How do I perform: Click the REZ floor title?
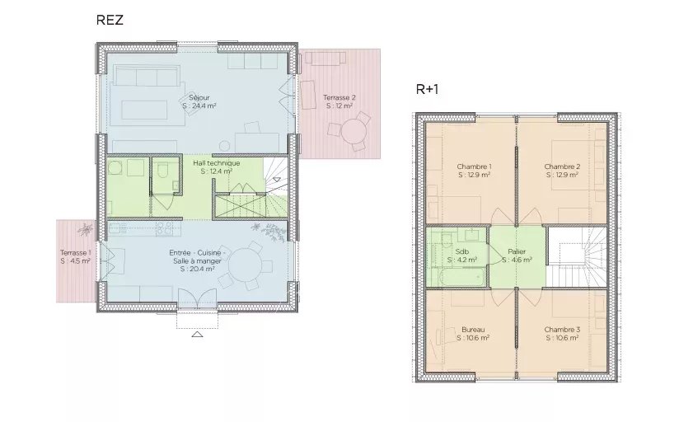pyautogui.click(x=110, y=21)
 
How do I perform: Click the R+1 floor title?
pyautogui.click(x=426, y=89)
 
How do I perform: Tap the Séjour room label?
pyautogui.click(x=199, y=97)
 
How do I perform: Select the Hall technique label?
pyautogui.click(x=217, y=163)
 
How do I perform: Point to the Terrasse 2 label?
pyautogui.click(x=339, y=97)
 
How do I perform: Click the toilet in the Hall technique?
pyautogui.click(x=165, y=171)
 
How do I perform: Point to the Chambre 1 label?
pyautogui.click(x=474, y=166)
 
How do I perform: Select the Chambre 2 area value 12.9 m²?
pyautogui.click(x=561, y=175)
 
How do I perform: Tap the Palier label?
pyautogui.click(x=517, y=251)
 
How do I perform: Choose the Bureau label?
pyautogui.click(x=473, y=329)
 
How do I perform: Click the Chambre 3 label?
pyautogui.click(x=561, y=329)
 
